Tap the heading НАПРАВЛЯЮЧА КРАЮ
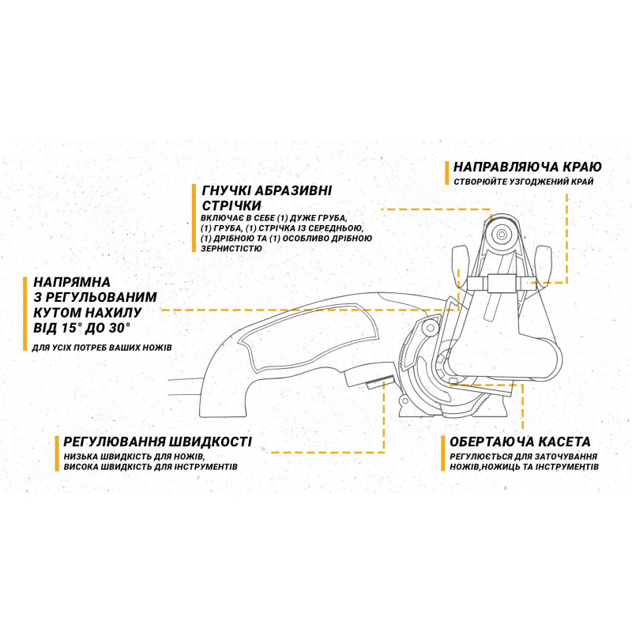pos(528,167)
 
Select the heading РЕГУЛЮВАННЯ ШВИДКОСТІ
pos(153,442)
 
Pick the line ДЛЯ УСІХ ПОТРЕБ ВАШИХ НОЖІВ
pos(102,348)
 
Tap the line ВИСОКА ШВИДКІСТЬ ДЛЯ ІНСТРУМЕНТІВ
pos(151,468)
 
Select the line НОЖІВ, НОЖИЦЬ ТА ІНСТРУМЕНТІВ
pos(524,468)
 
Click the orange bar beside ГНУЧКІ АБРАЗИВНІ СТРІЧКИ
pos(194,218)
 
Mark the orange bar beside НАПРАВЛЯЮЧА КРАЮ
pos(447,173)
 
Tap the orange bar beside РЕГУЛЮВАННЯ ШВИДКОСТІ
pos(57,453)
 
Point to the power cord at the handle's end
pos(186,388)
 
